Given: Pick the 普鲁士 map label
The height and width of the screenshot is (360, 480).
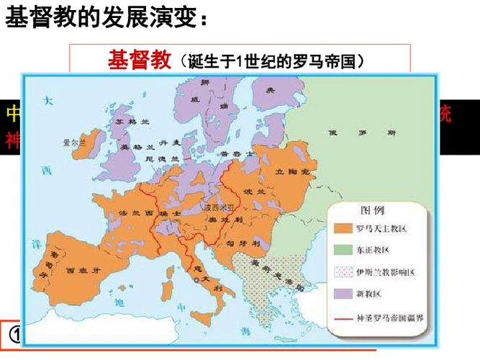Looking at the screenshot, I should click(x=236, y=155).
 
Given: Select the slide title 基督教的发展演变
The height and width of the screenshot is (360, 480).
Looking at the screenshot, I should click(x=108, y=19).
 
